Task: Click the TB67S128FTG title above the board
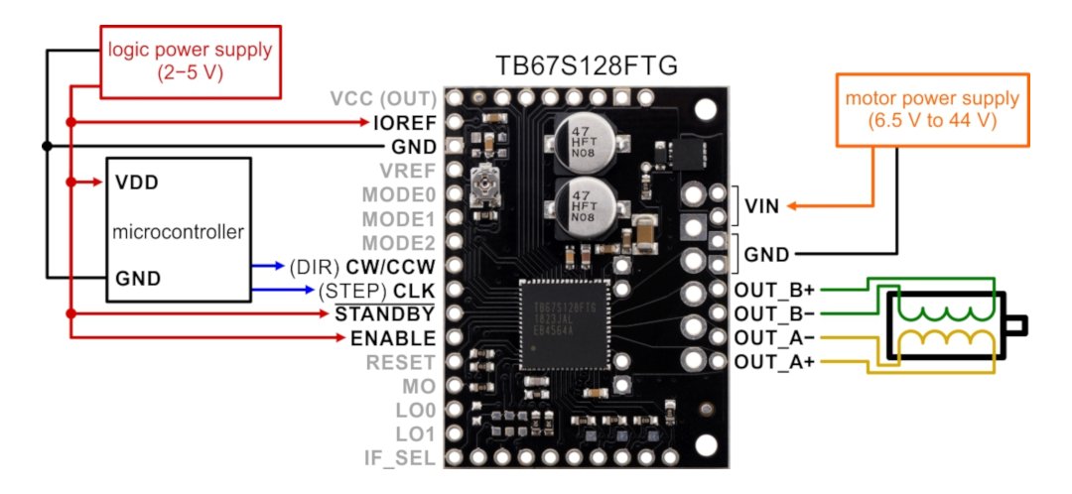click(x=586, y=66)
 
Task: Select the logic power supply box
click(x=190, y=61)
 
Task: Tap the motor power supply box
click(x=932, y=109)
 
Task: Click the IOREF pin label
click(x=405, y=123)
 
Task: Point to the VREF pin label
click(x=408, y=171)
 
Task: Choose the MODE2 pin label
click(x=399, y=243)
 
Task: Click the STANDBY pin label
click(x=384, y=313)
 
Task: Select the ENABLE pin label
click(x=392, y=337)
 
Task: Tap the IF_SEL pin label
click(x=401, y=457)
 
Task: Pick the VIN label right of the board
click(x=761, y=205)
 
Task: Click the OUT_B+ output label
click(x=774, y=290)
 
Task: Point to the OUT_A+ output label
click(x=774, y=361)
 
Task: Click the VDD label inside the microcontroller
click(x=136, y=183)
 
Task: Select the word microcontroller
click(x=178, y=232)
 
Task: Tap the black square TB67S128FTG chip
click(x=563, y=324)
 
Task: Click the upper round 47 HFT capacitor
click(x=585, y=144)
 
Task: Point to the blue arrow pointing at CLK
click(x=282, y=290)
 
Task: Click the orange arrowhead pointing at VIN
click(x=793, y=205)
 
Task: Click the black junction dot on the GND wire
click(x=47, y=146)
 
